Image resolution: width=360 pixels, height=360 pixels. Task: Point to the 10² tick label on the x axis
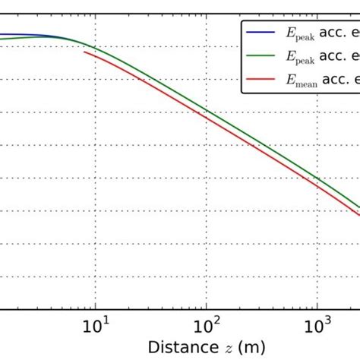tap(205, 327)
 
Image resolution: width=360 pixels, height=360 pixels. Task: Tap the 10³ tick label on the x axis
tap(316, 327)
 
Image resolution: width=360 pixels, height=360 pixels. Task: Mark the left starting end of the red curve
tap(84, 52)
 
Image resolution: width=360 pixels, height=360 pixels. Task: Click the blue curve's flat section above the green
tap(38, 35)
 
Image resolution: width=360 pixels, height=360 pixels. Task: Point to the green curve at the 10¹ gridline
tap(94, 47)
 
